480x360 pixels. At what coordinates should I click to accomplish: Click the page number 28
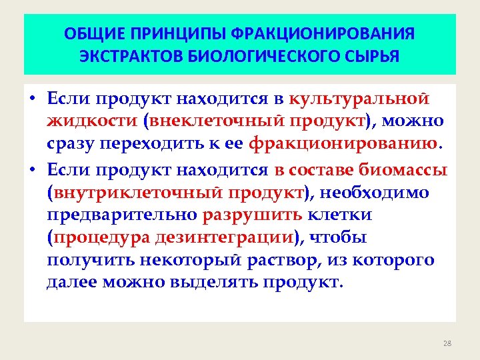[x=447, y=343]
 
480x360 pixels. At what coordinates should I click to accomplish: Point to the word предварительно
[x=122, y=215]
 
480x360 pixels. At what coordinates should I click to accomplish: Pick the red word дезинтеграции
[x=225, y=237]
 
